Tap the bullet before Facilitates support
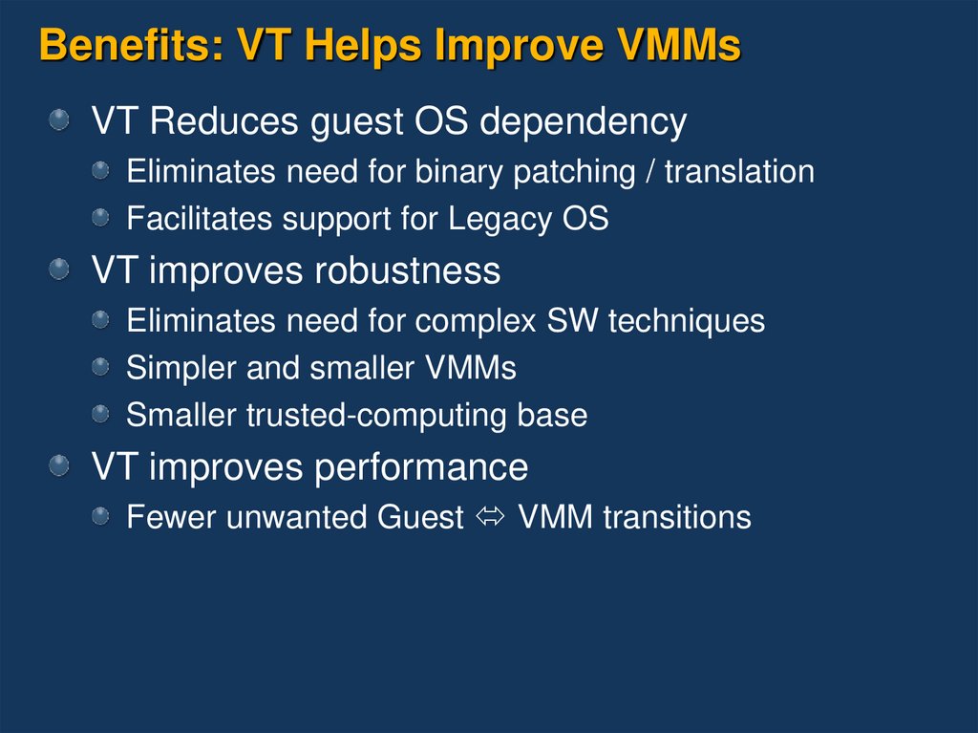(x=100, y=217)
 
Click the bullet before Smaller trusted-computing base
(x=100, y=413)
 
